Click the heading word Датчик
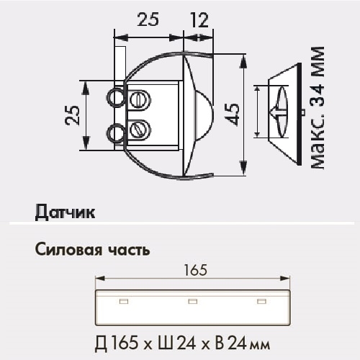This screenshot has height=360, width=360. pos(64,212)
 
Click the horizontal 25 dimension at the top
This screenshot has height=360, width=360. pos(149,21)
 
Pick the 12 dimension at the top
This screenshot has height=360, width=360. pos(199,21)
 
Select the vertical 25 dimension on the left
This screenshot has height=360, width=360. pos(73,114)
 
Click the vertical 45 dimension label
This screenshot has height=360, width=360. pos(232,113)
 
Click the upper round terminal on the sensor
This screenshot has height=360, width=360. pos(115,96)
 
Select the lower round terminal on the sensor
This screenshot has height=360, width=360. pos(115,131)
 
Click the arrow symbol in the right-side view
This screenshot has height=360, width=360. pos(277,112)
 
